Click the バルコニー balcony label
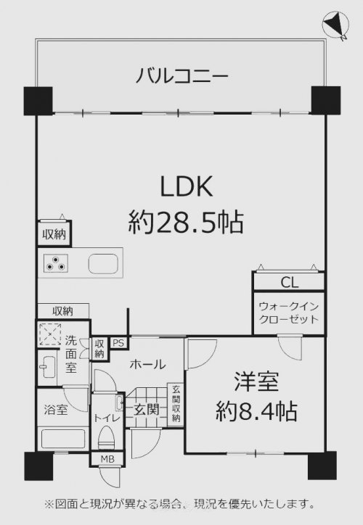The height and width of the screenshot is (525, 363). click(181, 75)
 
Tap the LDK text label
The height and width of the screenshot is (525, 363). click(187, 186)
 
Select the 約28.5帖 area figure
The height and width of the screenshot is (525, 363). click(186, 223)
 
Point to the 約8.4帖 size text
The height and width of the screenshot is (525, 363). click(256, 411)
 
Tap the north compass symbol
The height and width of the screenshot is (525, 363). click(335, 25)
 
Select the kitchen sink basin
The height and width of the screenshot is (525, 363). click(103, 262)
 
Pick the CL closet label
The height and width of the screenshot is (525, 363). click(289, 283)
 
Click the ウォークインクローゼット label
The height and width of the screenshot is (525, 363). click(289, 313)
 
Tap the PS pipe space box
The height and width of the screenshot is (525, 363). click(118, 343)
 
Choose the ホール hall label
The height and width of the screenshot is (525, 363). click(148, 364)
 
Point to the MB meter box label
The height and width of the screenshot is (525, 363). click(107, 459)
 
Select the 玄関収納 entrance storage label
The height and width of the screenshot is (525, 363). click(176, 404)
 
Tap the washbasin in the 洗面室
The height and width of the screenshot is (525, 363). click(47, 367)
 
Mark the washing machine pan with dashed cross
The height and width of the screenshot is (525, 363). click(50, 334)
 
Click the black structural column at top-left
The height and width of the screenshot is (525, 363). click(38, 101)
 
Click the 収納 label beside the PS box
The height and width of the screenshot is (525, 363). click(99, 349)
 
